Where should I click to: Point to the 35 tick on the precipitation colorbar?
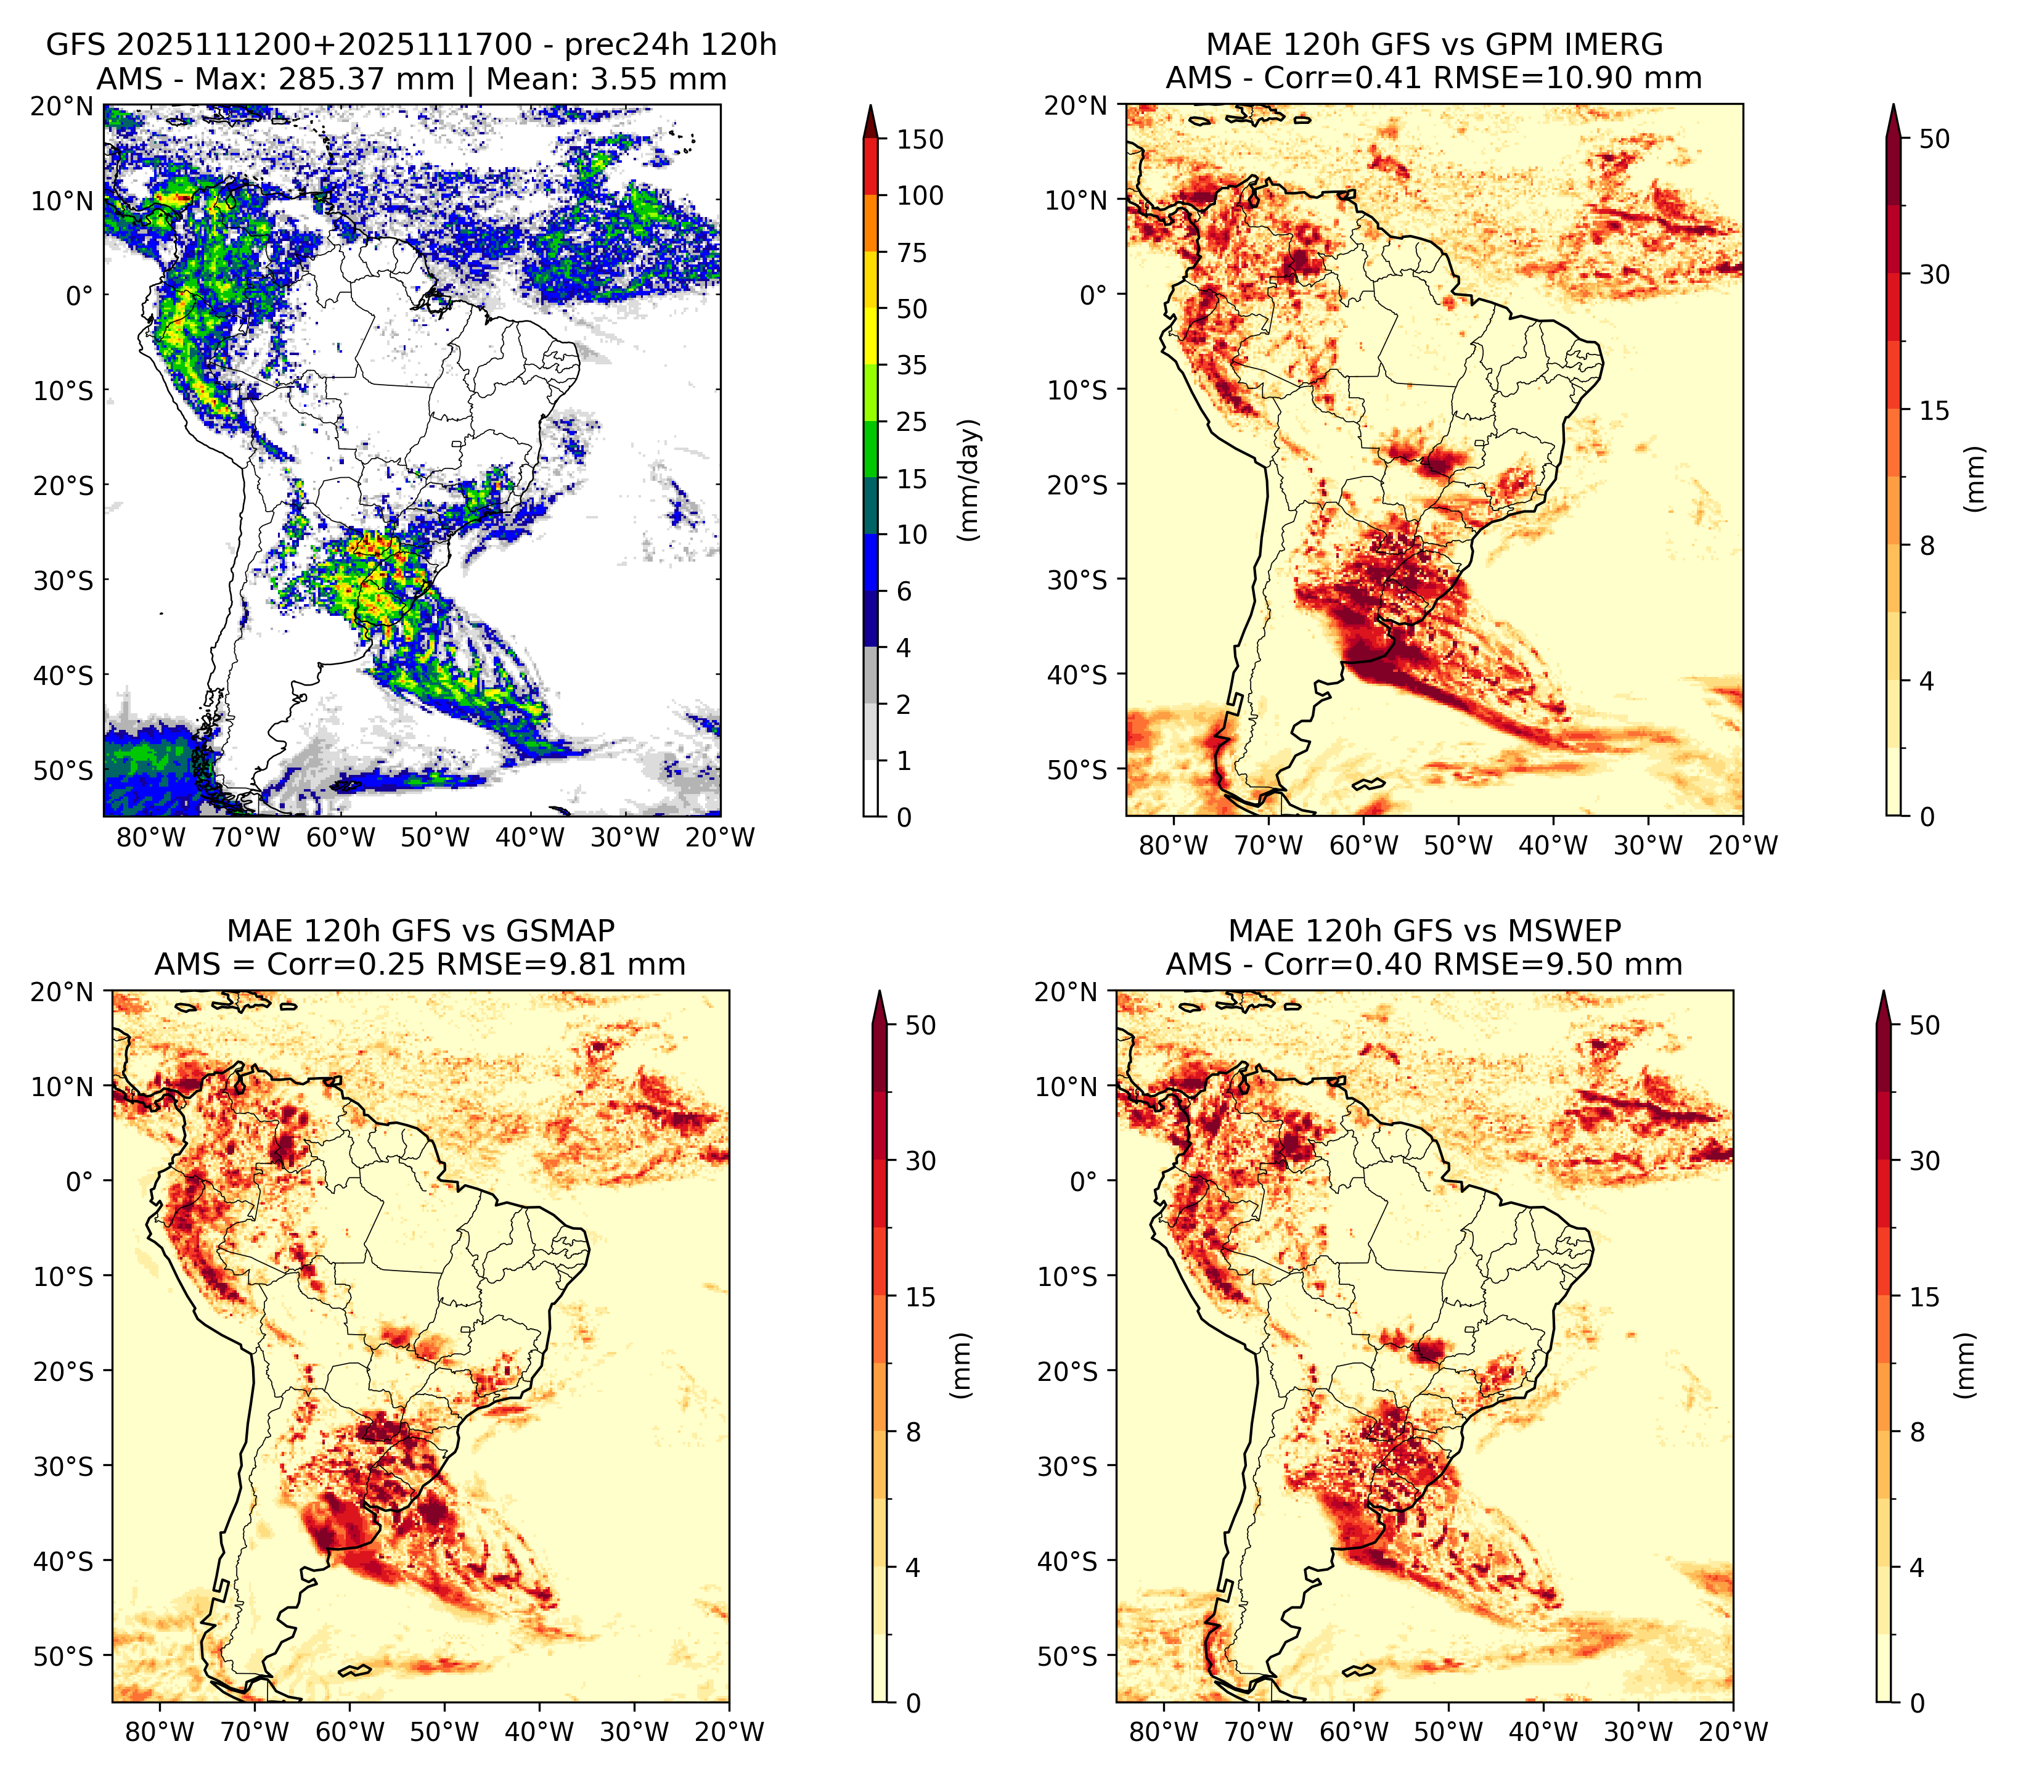pos(912,365)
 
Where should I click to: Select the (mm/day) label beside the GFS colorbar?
pos(971,480)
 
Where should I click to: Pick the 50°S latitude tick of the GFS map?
pos(63,770)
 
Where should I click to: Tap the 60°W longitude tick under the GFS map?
pos(341,838)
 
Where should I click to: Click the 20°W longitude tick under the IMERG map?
pos(1742,846)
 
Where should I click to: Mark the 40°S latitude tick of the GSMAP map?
pos(63,1562)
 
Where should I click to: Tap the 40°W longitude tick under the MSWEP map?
pos(1543,1732)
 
